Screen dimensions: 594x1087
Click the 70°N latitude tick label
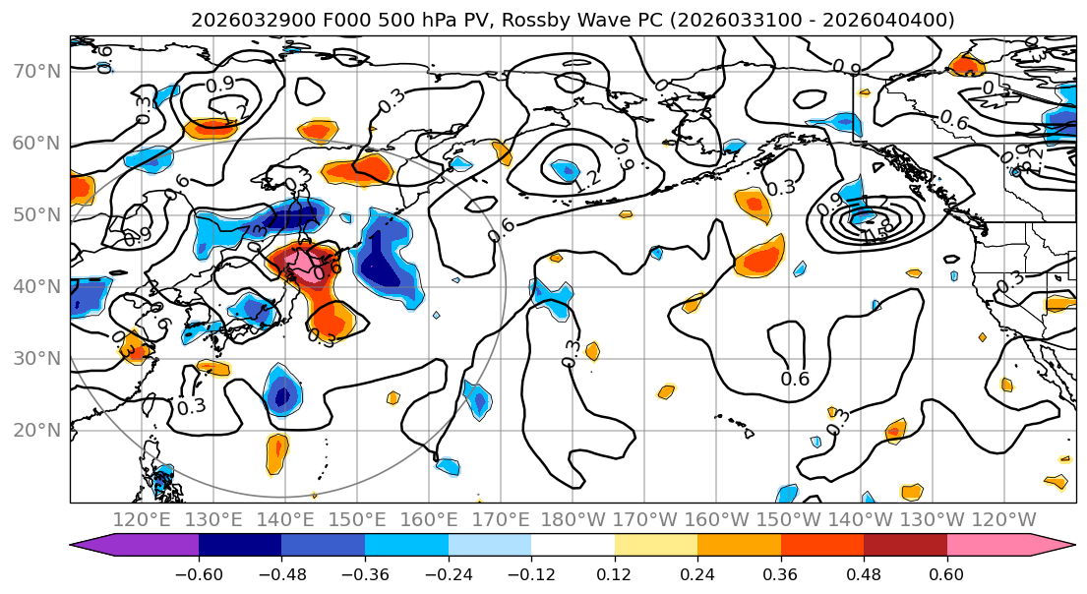38,71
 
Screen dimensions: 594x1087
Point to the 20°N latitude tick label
38,430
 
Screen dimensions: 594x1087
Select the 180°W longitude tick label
574,519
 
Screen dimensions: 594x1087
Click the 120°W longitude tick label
1004,519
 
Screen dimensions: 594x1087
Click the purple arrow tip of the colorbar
83,547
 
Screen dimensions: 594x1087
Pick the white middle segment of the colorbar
573,547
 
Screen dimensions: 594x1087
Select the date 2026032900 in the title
240,20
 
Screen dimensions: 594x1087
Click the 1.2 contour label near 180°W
587,180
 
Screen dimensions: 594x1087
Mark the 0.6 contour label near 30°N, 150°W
795,379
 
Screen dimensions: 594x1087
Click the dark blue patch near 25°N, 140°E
283,395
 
